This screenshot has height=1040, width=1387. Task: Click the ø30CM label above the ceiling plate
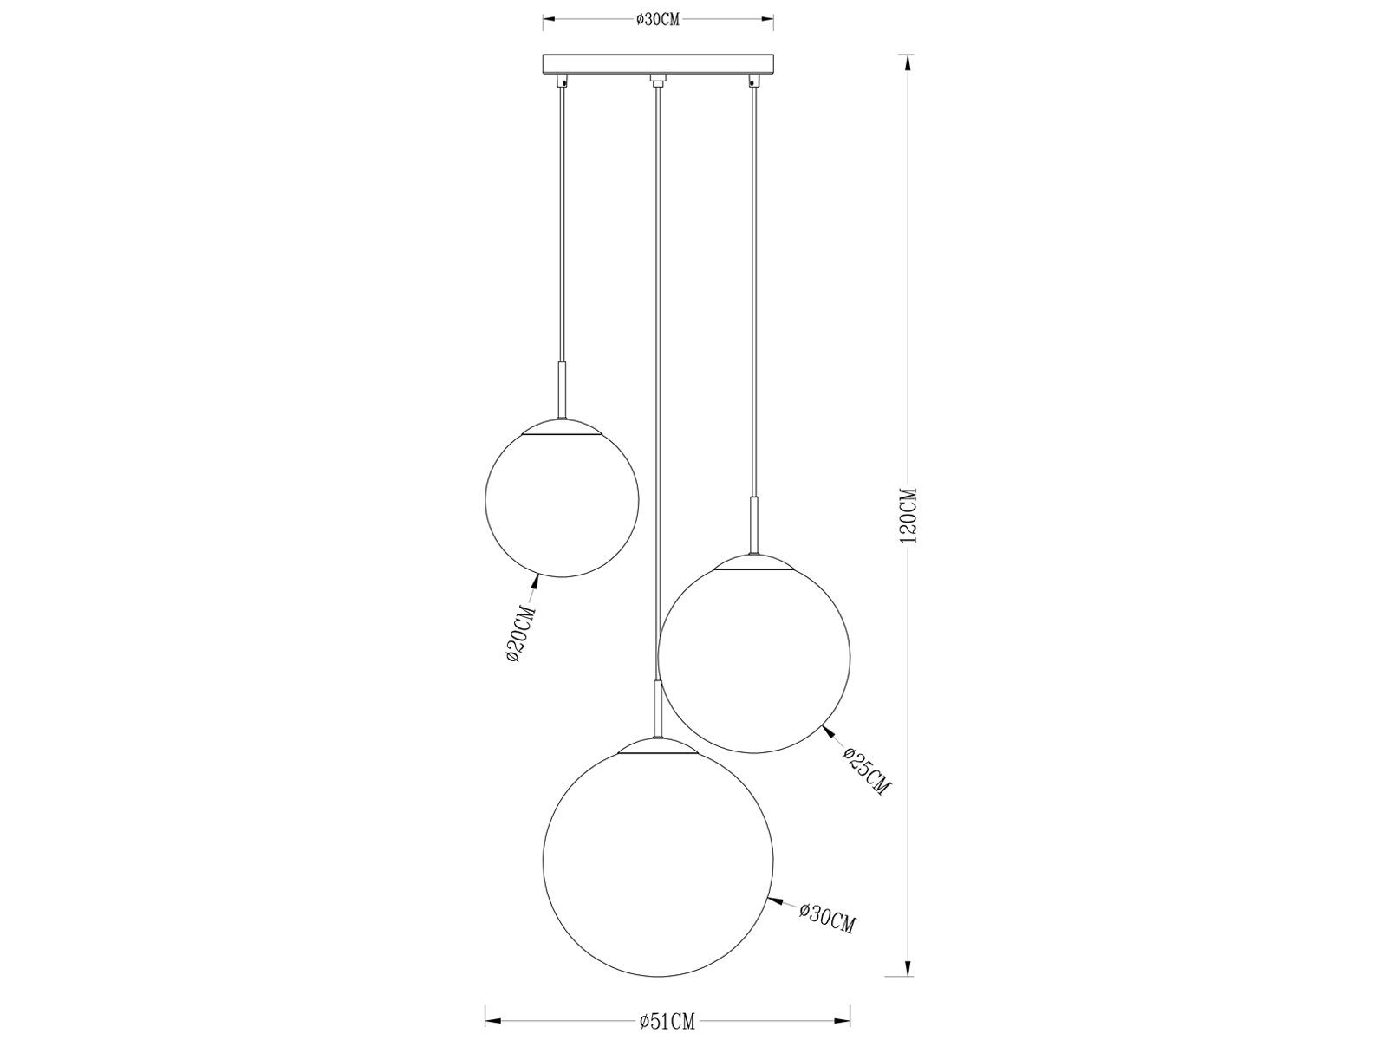pyautogui.click(x=657, y=20)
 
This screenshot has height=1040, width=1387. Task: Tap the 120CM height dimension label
pyautogui.click(x=907, y=514)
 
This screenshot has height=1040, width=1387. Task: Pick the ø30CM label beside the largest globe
pyautogui.click(x=827, y=894)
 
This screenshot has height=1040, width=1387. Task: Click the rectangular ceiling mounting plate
pyautogui.click(x=657, y=64)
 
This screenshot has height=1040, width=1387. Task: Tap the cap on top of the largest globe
pyautogui.click(x=656, y=748)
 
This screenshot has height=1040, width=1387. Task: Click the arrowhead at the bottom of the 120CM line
pyautogui.click(x=907, y=966)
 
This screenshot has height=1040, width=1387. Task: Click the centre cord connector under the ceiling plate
pyautogui.click(x=657, y=82)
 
